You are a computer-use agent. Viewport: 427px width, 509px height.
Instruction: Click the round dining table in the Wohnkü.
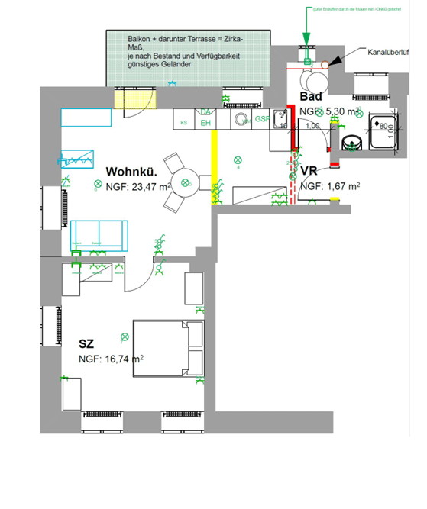coord(184,182)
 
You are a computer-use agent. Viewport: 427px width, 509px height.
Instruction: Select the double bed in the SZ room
coord(169,348)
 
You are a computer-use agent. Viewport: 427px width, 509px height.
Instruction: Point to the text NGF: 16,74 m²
coord(112,359)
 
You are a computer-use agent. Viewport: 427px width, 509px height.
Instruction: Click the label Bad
coord(311,97)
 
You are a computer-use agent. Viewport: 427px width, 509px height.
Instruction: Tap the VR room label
coord(309,171)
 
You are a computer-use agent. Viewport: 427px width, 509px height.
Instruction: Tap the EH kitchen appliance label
coord(205,122)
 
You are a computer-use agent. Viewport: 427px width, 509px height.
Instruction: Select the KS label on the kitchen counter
coord(183,122)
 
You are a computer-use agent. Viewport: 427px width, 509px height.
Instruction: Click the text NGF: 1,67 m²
coord(330,186)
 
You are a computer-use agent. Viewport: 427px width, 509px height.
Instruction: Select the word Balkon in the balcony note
coord(141,38)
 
